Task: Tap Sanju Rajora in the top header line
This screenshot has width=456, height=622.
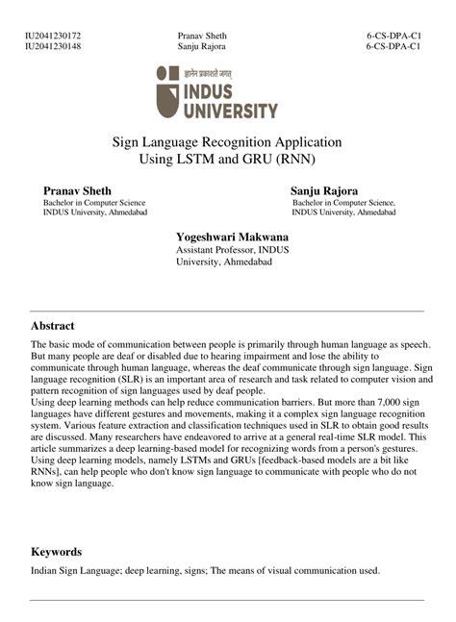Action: pyautogui.click(x=202, y=46)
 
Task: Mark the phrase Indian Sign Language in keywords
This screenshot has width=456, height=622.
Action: pyautogui.click(x=74, y=570)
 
